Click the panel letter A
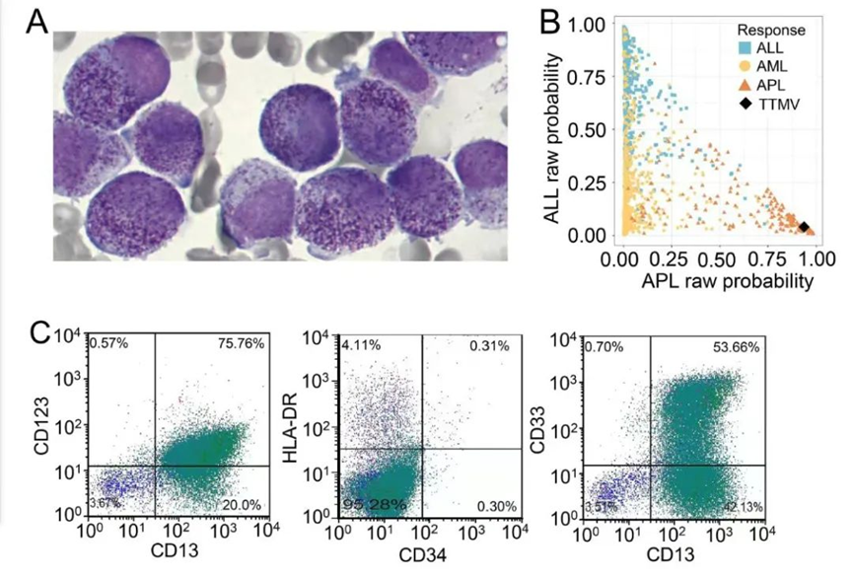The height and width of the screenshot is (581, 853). pyautogui.click(x=37, y=24)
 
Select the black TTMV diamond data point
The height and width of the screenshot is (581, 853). pyautogui.click(x=804, y=227)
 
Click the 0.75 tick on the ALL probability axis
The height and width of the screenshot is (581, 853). pyautogui.click(x=594, y=77)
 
